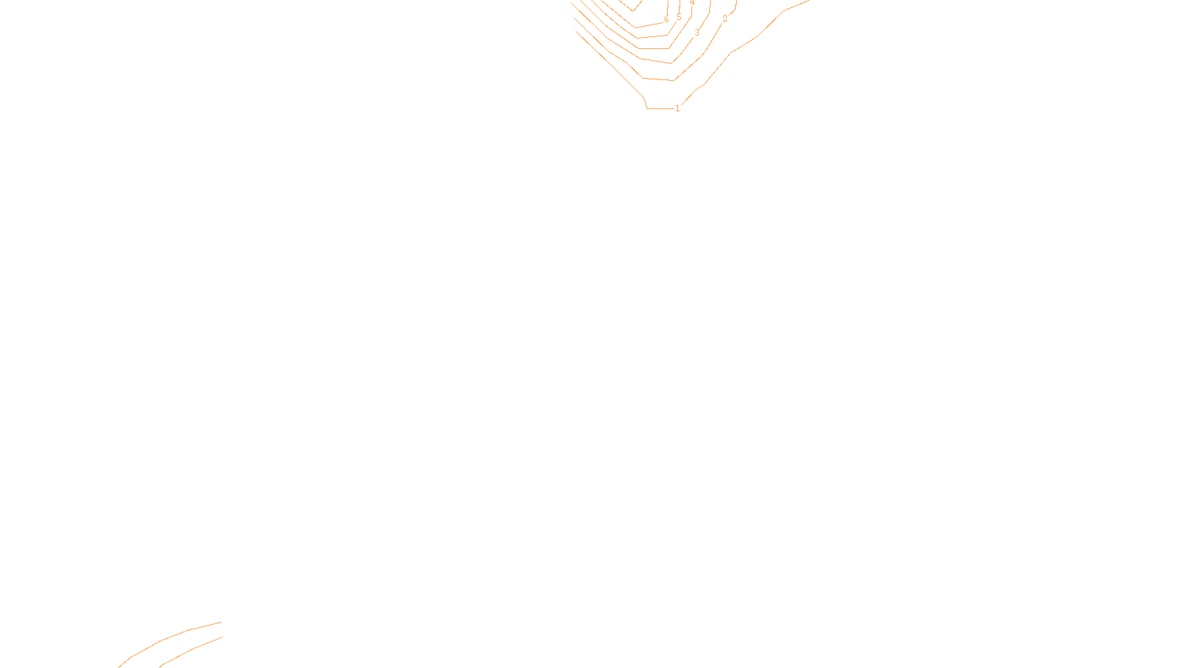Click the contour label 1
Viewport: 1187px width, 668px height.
677,108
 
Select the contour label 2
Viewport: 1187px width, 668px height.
725,19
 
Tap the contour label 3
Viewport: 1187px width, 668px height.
697,33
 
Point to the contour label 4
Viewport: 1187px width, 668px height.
692,3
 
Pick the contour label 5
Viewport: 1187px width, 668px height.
679,18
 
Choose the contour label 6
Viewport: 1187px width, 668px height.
666,20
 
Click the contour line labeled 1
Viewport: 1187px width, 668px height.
608,63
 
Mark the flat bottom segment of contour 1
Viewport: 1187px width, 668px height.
660,108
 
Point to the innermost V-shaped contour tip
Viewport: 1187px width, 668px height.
633,10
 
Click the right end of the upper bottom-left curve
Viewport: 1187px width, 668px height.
220,623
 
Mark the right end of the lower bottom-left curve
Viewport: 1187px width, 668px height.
221,638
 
